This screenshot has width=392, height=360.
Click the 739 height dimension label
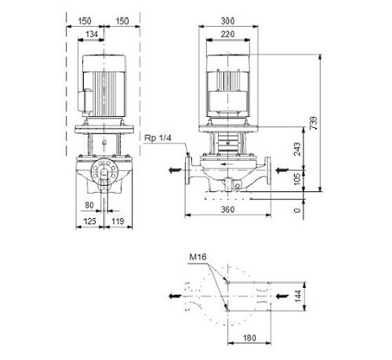click(x=314, y=123)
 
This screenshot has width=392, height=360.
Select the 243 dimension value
click(x=297, y=149)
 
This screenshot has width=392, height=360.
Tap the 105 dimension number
click(x=297, y=180)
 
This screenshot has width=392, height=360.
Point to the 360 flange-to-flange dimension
click(x=227, y=209)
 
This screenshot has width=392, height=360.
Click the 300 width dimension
click(x=227, y=21)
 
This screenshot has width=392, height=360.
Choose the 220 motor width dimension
click(x=227, y=35)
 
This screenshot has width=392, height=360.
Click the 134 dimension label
click(x=92, y=35)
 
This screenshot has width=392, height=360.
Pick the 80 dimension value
click(x=89, y=205)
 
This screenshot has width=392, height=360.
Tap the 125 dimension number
click(x=89, y=222)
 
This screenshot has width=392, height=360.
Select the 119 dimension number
click(x=118, y=222)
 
